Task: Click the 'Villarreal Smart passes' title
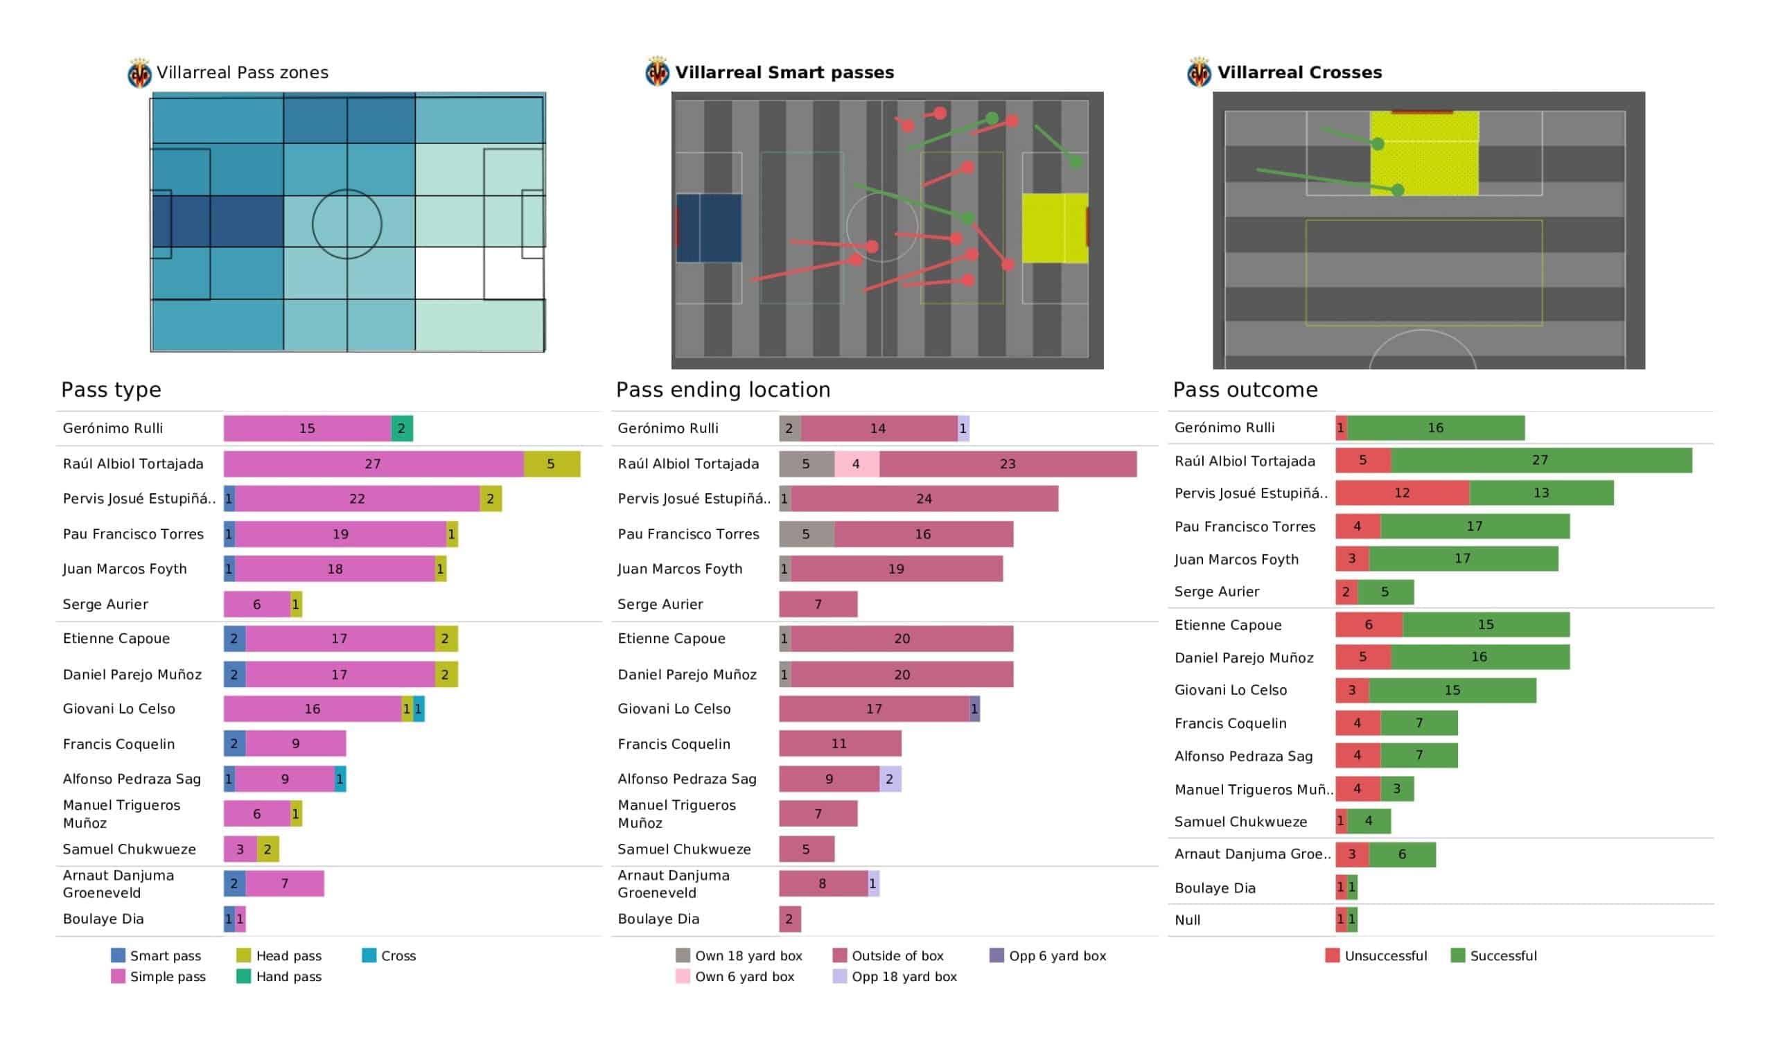784,73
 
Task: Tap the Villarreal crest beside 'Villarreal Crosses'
1198,72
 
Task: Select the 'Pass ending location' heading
723,389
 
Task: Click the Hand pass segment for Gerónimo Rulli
401,428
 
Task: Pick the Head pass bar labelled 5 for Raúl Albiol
551,464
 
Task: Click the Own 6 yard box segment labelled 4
856,464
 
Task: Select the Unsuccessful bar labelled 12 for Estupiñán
1403,493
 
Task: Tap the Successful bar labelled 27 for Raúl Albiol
1541,461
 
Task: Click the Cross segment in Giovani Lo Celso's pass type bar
418,709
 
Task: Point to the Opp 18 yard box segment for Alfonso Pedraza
890,779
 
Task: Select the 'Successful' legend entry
1494,956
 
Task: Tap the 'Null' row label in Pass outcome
1188,920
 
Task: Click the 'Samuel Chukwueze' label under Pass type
129,849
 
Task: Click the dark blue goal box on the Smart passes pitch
709,228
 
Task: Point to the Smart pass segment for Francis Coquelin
234,743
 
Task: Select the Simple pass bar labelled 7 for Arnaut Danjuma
284,883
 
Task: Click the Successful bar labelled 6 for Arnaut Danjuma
1403,855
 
